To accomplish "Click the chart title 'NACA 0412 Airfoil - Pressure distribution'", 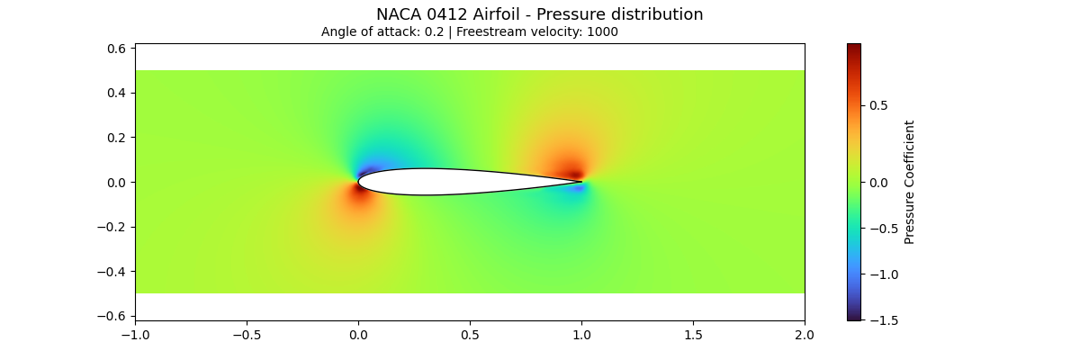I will pos(539,14).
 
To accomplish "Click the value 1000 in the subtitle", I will pos(600,31).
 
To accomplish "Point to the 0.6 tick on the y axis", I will pos(117,49).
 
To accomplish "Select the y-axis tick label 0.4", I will pos(117,93).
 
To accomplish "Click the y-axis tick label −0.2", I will pos(112,227).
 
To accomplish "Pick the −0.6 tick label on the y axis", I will pos(112,316).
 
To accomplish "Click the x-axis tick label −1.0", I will pos(135,335).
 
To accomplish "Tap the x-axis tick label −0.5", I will pos(247,335).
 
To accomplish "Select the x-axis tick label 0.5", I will pos(470,335).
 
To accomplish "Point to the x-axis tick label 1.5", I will pos(693,335).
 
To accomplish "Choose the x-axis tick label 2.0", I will pos(805,335).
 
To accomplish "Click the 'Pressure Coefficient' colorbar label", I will pos(910,182).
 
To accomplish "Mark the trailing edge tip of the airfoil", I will pos(580,182).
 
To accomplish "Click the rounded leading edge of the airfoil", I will pos(360,182).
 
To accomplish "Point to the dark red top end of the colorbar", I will pos(853,48).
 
